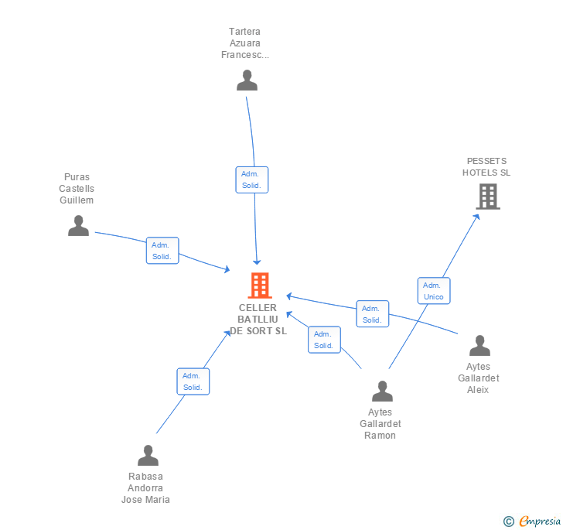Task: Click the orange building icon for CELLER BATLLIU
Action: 259,286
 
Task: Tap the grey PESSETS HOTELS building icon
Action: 487,197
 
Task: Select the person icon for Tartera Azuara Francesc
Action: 247,80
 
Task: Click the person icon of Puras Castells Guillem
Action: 78,225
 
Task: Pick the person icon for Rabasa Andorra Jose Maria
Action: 148,456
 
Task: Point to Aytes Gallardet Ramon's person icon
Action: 382,392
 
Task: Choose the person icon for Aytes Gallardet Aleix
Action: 479,346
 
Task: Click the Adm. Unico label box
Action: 433,291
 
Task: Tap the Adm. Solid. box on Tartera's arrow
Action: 251,180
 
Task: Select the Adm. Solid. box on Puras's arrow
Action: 162,251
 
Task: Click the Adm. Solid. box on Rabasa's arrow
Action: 193,381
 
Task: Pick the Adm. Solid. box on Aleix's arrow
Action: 372,314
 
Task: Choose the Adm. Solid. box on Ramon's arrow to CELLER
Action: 323,340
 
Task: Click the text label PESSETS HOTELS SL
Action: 486,167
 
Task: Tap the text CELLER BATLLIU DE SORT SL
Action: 258,320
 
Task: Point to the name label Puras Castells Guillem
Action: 77,189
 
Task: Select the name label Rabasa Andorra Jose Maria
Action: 145,488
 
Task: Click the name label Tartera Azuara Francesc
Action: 245,43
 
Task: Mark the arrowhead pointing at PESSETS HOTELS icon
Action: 477,216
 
